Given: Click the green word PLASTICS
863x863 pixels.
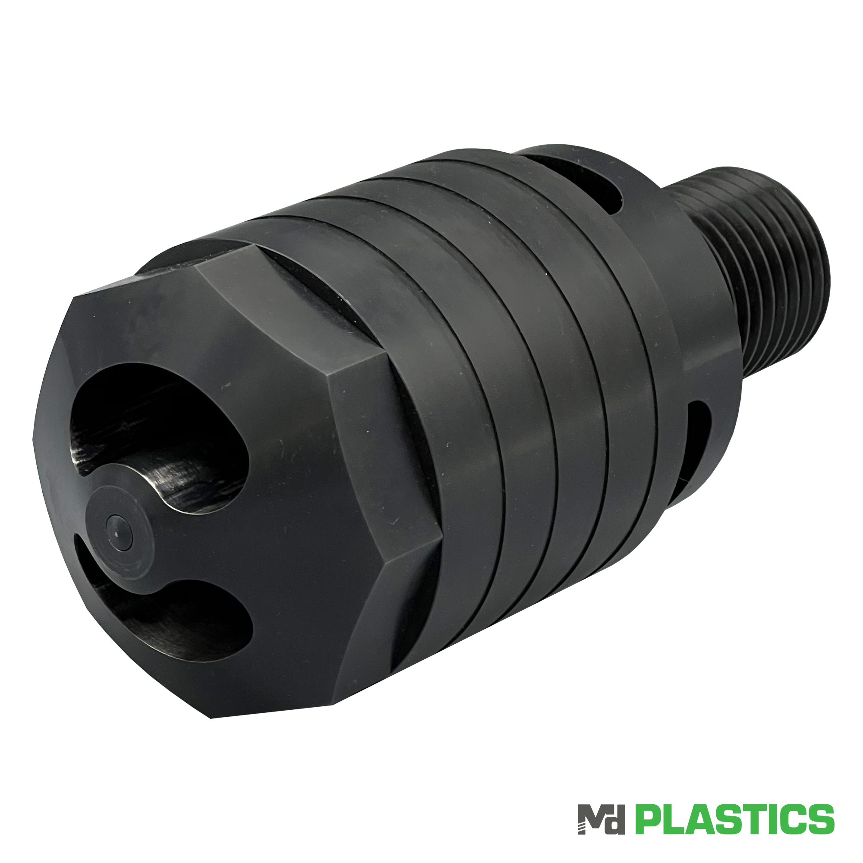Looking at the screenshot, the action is [x=734, y=819].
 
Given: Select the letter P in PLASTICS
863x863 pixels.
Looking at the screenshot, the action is [x=649, y=819].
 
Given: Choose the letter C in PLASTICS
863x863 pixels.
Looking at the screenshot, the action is [x=793, y=819].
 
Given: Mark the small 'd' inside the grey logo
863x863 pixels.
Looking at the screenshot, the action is [x=616, y=823].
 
